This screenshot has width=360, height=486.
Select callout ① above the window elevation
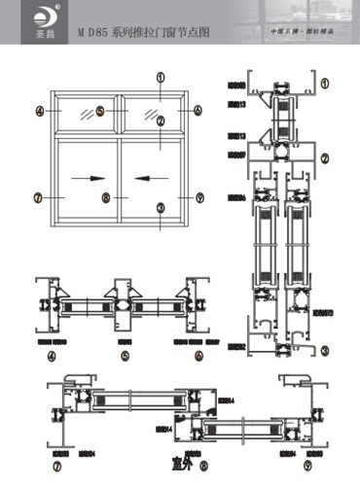click(x=161, y=76)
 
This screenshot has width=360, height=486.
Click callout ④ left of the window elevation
click(x=39, y=112)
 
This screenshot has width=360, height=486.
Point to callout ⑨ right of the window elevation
click(x=199, y=197)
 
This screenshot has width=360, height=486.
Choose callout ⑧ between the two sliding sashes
click(x=106, y=197)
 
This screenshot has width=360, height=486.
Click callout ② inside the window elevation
click(x=161, y=121)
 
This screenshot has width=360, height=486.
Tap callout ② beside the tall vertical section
click(x=325, y=157)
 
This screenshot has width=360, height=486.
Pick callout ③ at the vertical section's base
click(x=325, y=348)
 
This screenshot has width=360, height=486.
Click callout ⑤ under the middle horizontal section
click(x=126, y=356)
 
